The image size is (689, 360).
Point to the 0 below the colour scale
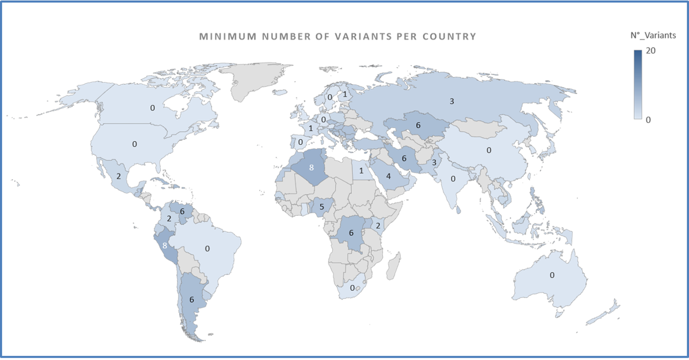(648, 119)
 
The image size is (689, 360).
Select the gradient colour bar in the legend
(638, 84)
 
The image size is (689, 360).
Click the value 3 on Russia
(452, 101)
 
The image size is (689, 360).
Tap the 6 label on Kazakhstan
(418, 125)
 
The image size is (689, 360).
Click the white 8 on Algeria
(311, 167)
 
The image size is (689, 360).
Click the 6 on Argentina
(192, 300)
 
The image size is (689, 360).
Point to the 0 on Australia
(552, 275)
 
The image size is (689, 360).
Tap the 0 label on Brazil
(208, 248)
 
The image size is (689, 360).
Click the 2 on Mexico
(119, 176)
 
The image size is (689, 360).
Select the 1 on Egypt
(361, 171)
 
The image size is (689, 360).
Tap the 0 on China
(489, 150)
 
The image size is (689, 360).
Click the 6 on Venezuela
(182, 212)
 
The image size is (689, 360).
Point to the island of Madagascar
(393, 269)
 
